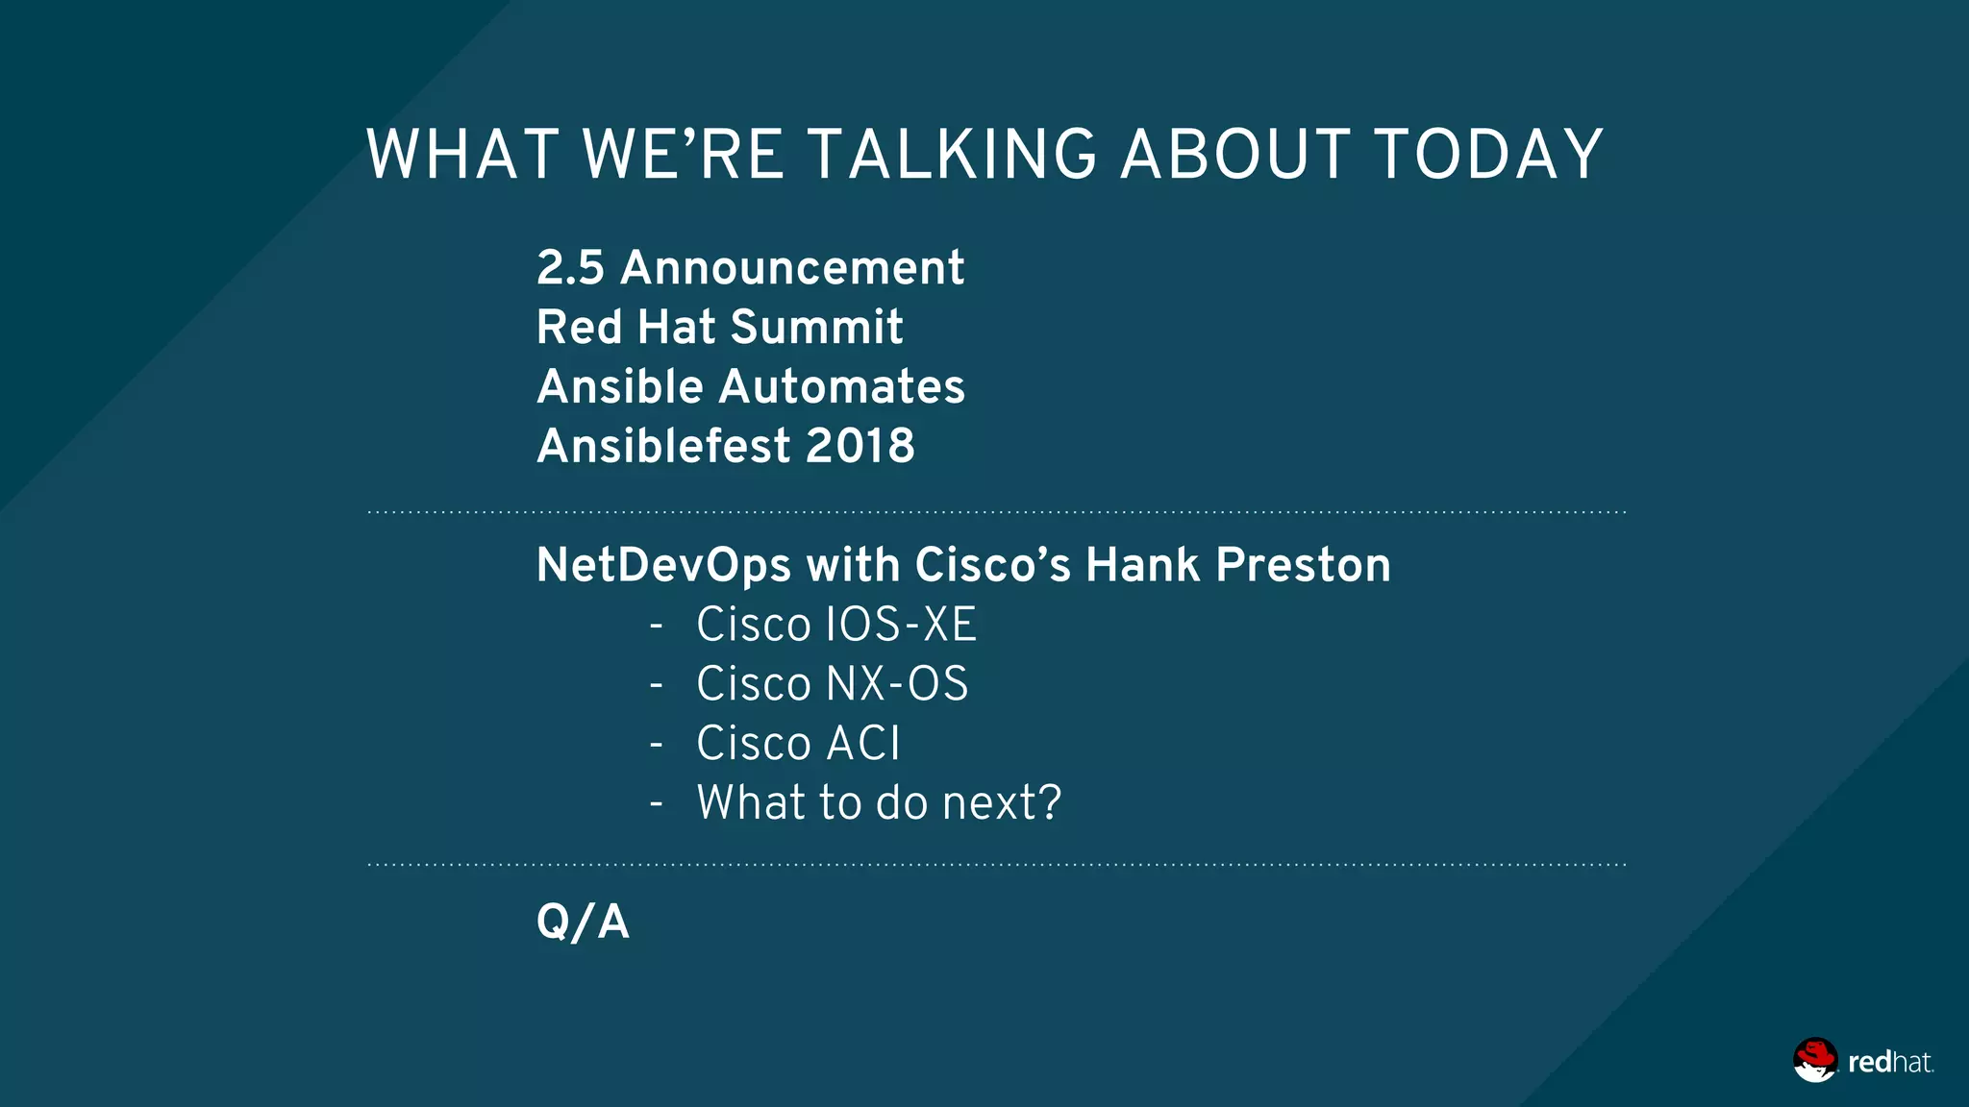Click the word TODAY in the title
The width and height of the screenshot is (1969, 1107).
pos(1488,156)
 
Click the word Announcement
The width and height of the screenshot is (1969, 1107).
pos(792,268)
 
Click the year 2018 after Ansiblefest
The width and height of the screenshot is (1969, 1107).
pos(860,447)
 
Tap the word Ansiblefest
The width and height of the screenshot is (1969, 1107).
pos(663,447)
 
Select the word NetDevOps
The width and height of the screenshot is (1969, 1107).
pos(663,566)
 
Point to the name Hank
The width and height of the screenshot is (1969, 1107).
pos(1142,566)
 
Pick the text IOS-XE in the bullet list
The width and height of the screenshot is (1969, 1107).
pos(901,626)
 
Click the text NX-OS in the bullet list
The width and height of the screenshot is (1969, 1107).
pos(897,685)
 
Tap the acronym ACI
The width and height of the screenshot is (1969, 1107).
pos(863,745)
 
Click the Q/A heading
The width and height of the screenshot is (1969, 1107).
pos(583,922)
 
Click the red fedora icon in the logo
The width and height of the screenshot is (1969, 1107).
pos(1814,1060)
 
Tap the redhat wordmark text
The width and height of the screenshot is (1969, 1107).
pos(1889,1063)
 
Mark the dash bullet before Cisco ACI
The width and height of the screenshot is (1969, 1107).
pos(657,745)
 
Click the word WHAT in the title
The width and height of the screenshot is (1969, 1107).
pos(462,156)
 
